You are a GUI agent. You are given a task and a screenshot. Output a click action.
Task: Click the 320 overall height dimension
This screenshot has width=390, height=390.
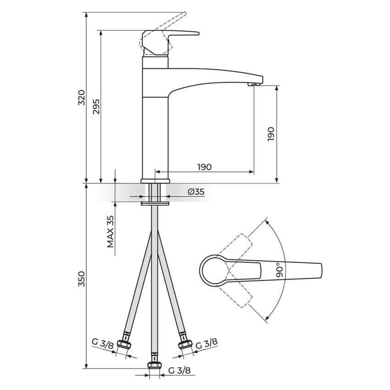(x=82, y=97)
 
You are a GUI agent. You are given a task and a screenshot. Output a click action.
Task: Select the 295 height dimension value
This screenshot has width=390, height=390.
(x=96, y=107)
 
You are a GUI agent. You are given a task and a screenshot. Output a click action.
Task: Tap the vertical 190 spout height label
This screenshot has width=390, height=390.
(x=271, y=134)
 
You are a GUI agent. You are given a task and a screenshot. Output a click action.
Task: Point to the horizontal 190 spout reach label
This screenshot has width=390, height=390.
(x=205, y=167)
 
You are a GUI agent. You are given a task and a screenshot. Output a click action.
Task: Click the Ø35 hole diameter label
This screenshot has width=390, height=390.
(x=196, y=191)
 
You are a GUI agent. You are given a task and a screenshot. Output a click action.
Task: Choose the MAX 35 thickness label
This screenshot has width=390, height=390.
(x=111, y=232)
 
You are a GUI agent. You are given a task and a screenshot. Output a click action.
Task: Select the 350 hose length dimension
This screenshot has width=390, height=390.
(x=82, y=279)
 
